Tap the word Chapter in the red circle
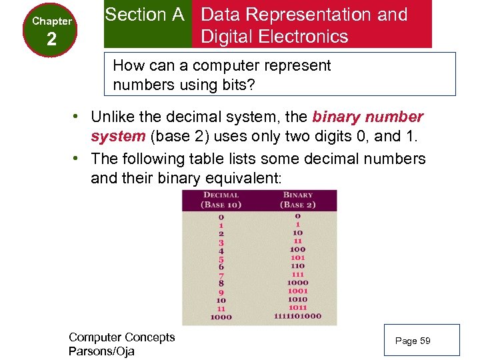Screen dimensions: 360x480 coord(52,21)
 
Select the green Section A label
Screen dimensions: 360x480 coord(145,15)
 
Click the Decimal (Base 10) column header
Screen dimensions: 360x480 coord(221,200)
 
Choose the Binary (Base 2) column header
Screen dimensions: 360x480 coord(298,200)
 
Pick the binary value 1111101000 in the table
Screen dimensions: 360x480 coord(297,317)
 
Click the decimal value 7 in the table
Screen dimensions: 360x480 coord(221,274)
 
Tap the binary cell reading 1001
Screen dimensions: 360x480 coord(297,291)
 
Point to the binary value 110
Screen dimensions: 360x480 coord(297,266)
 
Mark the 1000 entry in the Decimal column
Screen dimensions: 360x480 coord(221,317)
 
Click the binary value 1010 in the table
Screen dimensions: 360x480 coord(297,299)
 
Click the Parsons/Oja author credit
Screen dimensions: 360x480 coord(101,351)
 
